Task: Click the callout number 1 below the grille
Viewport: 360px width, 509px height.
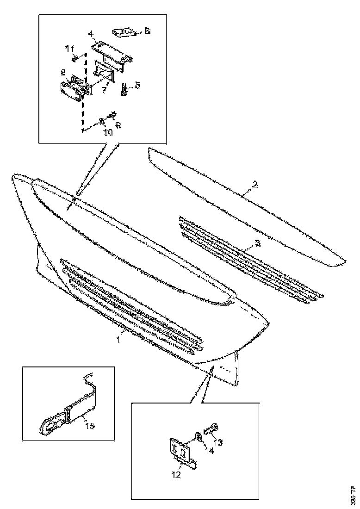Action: [x=118, y=339]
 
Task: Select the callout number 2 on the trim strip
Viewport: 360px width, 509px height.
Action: [x=255, y=185]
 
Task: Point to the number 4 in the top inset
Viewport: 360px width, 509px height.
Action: [x=91, y=33]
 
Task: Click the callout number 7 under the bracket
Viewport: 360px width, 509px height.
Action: [x=105, y=89]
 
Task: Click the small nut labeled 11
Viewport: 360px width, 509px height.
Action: [x=74, y=59]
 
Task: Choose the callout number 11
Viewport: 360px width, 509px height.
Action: [x=69, y=48]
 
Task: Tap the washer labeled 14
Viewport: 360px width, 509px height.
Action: [x=198, y=435]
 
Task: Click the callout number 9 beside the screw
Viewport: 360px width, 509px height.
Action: [x=118, y=125]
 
